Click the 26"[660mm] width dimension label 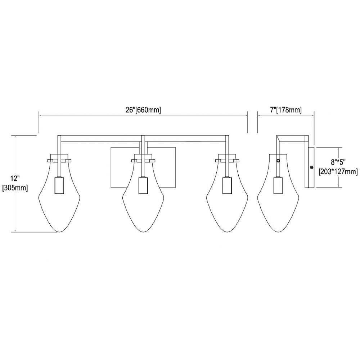click(143, 110)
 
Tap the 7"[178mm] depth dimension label click(286, 110)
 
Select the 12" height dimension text click(15, 179)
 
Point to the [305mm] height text click(15, 188)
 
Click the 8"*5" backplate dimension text click(338, 162)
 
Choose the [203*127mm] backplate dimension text click(338, 171)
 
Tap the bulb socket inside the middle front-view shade click(143, 185)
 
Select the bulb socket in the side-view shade click(278, 185)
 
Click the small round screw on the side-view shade click(278, 161)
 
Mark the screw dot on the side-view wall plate click(311, 167)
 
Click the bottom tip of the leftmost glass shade click(59, 232)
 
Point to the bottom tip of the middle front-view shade click(143, 232)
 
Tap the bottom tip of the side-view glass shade click(278, 232)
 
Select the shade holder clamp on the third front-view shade click(227, 161)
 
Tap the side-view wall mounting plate click(309, 167)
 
